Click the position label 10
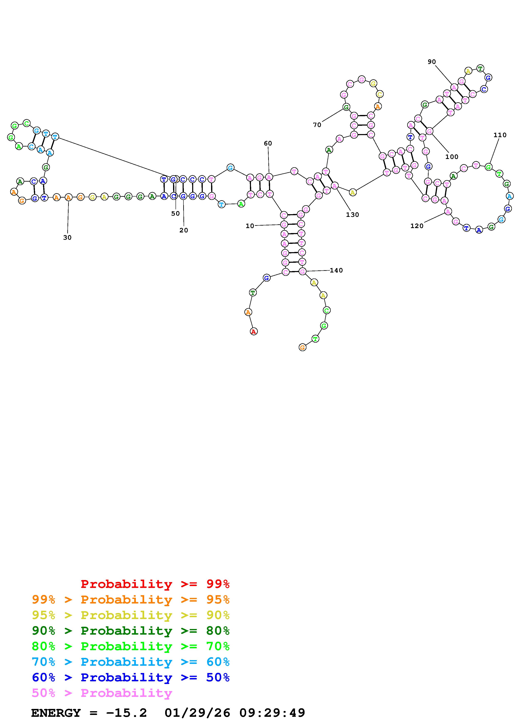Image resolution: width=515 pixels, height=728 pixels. click(x=250, y=226)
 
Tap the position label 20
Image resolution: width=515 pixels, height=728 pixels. click(x=184, y=230)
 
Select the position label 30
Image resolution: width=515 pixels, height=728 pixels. click(x=67, y=237)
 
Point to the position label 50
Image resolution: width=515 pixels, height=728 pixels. click(x=176, y=213)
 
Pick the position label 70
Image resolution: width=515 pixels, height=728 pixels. click(x=317, y=125)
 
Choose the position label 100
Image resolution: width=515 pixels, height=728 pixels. click(x=452, y=157)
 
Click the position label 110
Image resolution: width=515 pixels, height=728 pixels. click(x=500, y=135)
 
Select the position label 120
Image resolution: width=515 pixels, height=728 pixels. click(x=417, y=226)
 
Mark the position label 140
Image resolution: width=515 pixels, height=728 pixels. click(x=336, y=270)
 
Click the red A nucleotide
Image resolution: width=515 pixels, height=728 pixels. click(x=253, y=332)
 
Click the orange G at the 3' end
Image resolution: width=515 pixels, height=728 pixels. click(x=302, y=348)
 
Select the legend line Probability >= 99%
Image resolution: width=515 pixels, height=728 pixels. click(x=155, y=584)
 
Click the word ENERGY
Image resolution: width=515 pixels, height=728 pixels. click(x=56, y=713)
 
